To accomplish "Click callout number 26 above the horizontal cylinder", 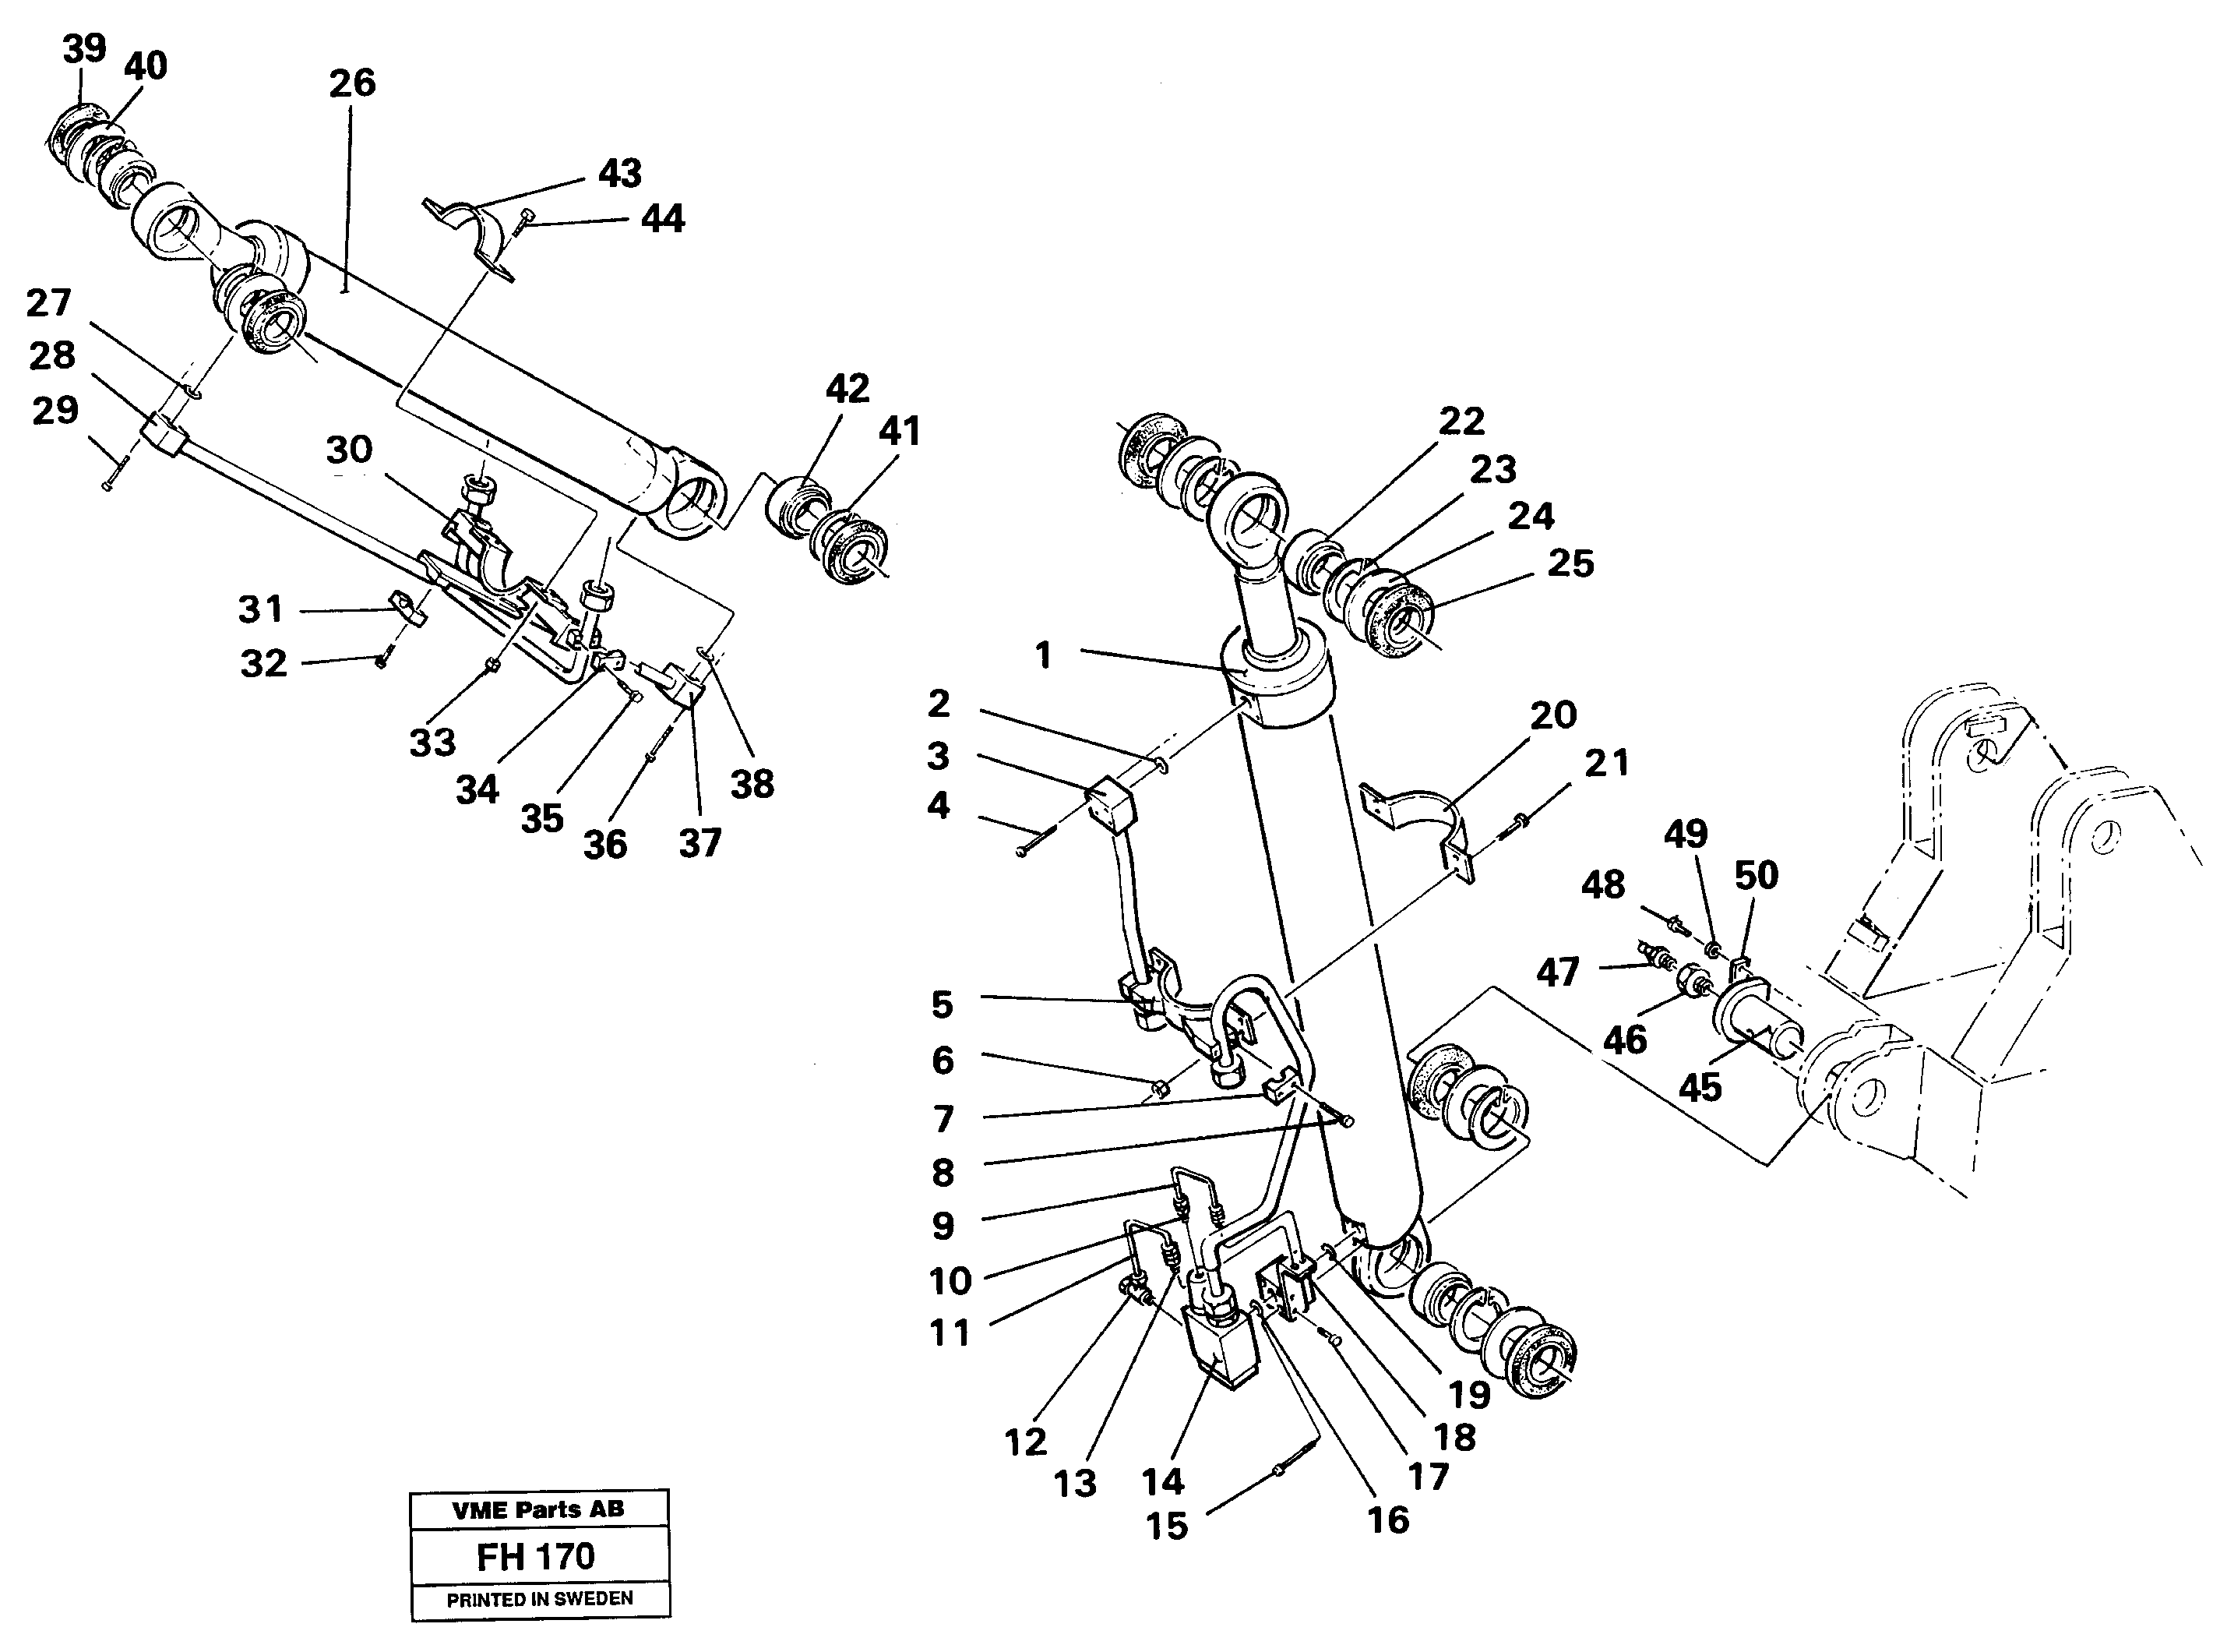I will coord(352,83).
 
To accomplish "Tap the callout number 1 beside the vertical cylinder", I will coord(1042,656).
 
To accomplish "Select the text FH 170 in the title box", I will coord(536,1556).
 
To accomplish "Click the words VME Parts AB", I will coord(537,1509).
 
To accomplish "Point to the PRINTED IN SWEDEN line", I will coord(539,1599).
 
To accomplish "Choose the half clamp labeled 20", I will coord(1419,820).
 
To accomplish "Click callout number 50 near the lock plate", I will coord(1757,876).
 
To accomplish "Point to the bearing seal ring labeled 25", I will coord(1399,625).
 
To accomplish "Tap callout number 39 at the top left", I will coord(84,48).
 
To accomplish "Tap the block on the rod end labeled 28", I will coord(162,437).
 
